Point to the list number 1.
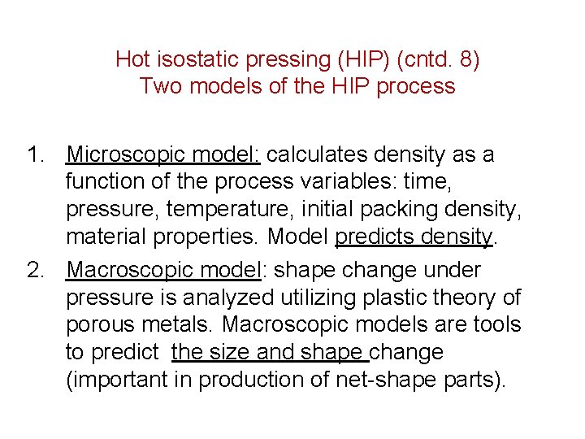tap(32, 154)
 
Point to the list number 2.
tap(32, 269)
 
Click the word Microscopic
tap(121, 154)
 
